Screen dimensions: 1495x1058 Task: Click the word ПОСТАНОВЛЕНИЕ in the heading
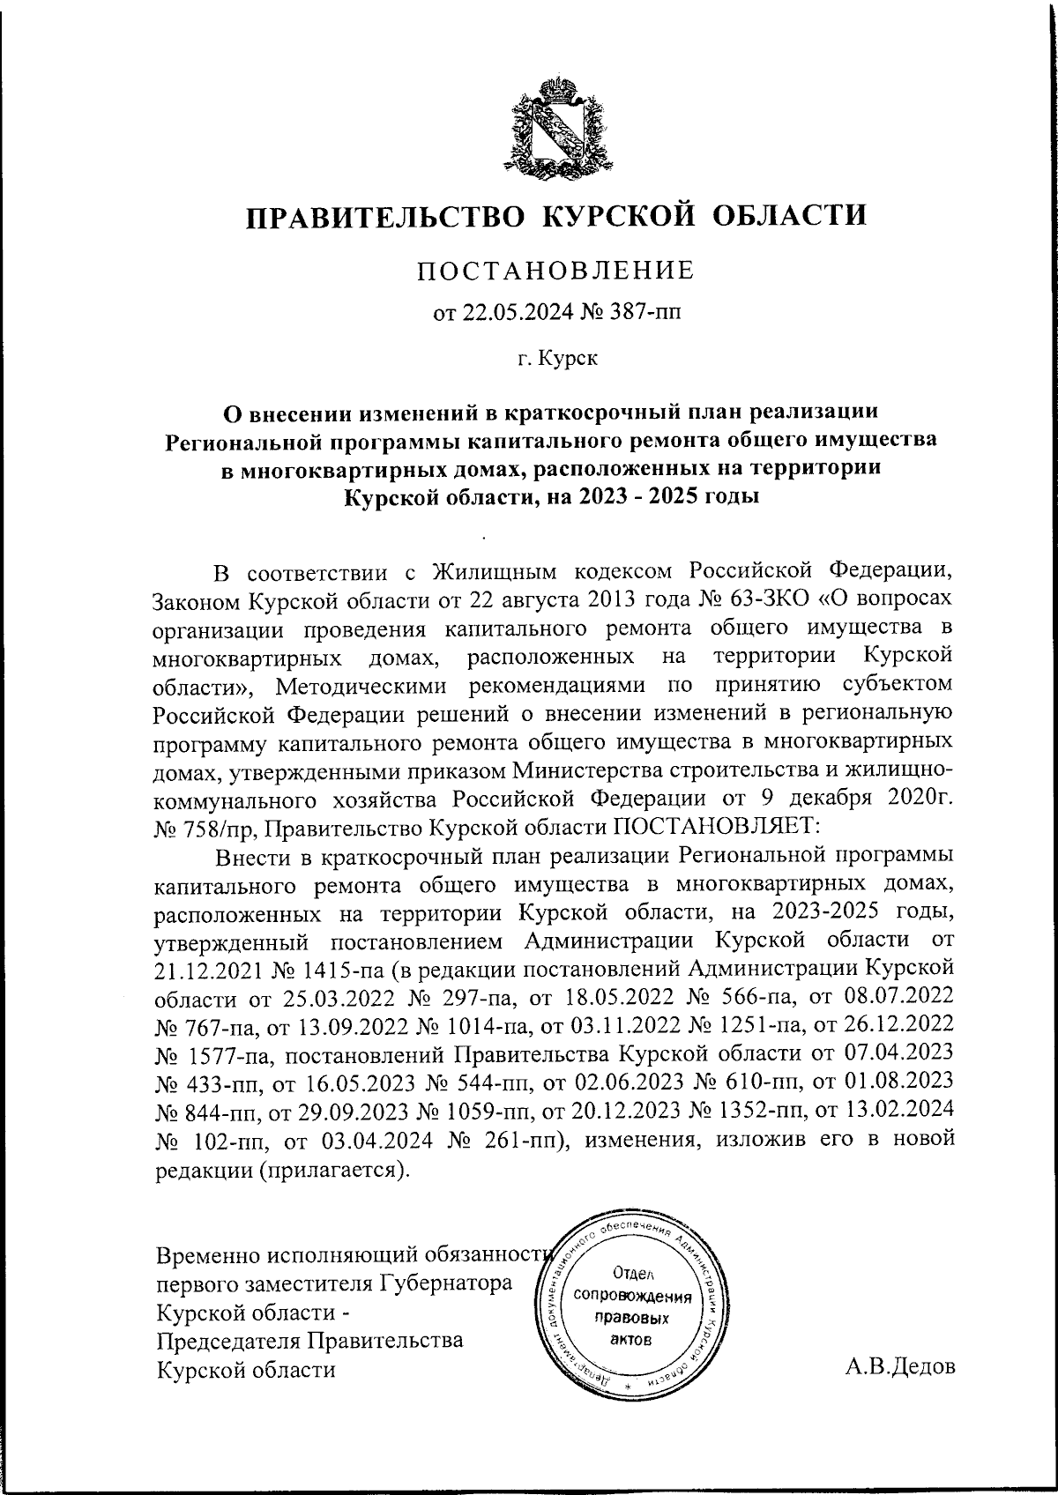tap(555, 271)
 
